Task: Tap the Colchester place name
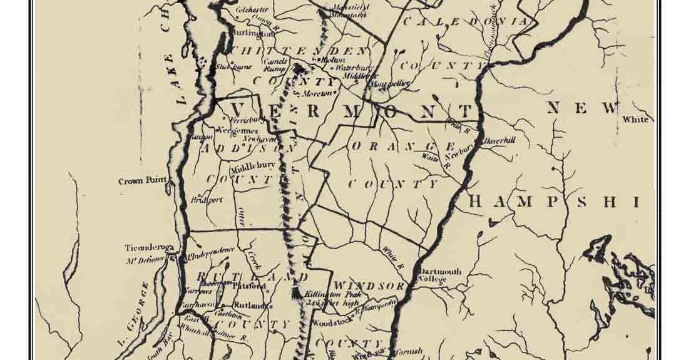point(252,10)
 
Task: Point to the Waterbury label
point(354,67)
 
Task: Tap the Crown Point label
point(143,182)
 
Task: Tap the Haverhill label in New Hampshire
point(499,141)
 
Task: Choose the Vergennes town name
point(238,130)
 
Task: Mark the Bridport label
point(207,200)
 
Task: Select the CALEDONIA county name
point(466,21)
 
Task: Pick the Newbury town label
point(458,150)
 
